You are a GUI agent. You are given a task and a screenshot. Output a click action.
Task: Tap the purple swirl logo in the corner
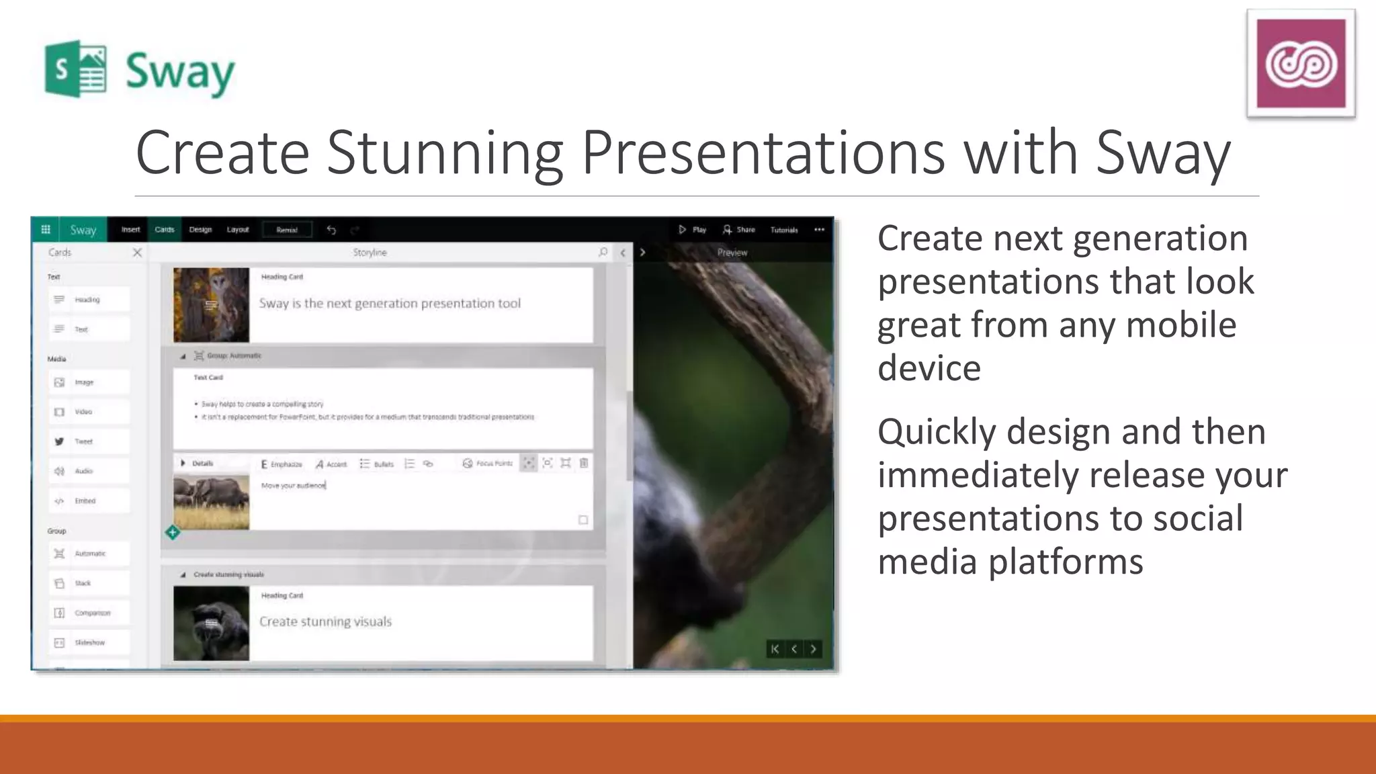pos(1301,63)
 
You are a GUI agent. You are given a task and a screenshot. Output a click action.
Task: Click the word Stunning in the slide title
pos(444,153)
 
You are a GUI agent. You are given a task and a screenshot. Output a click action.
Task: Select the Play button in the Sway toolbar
pos(692,230)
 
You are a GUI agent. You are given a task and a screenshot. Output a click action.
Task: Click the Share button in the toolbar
pos(738,230)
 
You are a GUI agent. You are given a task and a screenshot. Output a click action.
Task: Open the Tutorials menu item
pos(784,230)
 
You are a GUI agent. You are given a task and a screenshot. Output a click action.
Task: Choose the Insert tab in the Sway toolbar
pos(130,230)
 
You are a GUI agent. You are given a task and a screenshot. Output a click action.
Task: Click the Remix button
pos(287,230)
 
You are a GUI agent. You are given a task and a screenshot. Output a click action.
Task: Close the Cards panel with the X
pos(137,253)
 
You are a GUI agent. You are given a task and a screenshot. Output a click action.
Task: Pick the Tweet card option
pos(83,441)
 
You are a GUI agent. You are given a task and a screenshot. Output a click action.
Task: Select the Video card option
pos(83,412)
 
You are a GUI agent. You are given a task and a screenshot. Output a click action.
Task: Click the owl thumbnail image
pos(211,305)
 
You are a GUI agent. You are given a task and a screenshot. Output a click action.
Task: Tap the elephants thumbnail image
pos(211,502)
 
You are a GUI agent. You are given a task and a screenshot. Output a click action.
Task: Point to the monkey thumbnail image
pos(211,623)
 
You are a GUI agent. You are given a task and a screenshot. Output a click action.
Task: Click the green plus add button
pos(173,532)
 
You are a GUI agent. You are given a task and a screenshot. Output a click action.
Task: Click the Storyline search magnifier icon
pos(603,253)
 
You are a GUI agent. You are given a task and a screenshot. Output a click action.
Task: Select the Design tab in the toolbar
pos(200,230)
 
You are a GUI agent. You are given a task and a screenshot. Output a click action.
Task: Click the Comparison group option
pos(91,613)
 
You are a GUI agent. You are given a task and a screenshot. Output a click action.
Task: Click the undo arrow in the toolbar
pos(331,230)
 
